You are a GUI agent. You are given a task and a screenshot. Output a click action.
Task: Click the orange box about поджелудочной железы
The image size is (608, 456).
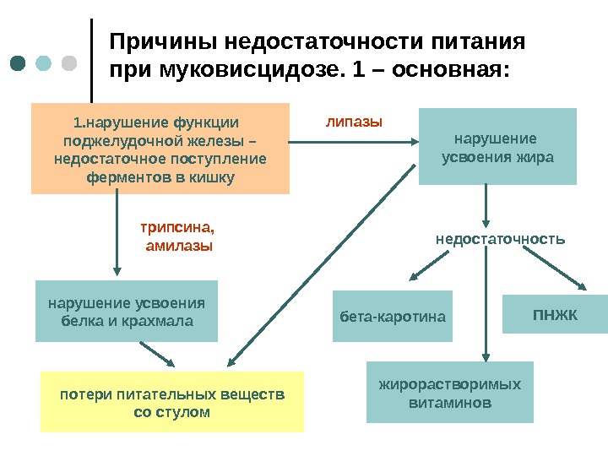pos(160,149)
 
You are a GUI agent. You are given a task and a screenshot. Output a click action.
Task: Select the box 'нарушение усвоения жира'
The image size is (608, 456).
pos(497,146)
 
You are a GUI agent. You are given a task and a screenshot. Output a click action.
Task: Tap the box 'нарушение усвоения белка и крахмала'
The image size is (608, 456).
pos(127,311)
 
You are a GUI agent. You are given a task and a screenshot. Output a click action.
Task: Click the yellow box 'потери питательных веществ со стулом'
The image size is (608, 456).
pos(172,401)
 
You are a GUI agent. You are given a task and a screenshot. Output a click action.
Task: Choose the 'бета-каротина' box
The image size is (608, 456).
pos(393,317)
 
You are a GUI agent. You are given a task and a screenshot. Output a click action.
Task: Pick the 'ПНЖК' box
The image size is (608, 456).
pos(555,314)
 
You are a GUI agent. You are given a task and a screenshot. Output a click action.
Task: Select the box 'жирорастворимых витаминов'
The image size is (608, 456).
pos(450,393)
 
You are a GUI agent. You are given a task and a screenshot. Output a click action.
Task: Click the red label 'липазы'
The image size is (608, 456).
pos(354,122)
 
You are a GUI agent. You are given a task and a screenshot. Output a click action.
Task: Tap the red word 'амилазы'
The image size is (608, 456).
pos(179,246)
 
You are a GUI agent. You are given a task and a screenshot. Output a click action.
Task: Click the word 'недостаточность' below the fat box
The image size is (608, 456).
pos(500,239)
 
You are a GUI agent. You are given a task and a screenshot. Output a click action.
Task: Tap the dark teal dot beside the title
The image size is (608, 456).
pos(19,63)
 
